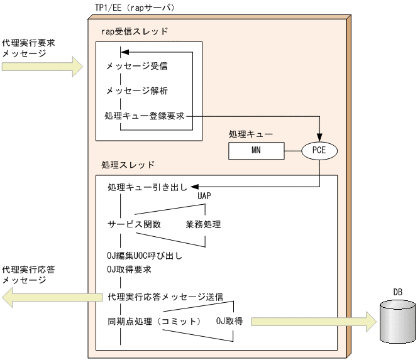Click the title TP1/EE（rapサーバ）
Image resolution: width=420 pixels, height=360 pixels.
(130, 8)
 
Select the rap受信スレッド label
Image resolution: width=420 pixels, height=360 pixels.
(135, 31)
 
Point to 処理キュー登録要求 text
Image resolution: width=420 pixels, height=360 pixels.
(145, 116)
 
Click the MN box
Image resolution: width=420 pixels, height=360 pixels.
(256, 151)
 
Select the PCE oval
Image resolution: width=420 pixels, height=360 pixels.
(319, 151)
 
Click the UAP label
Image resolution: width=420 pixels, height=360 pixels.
(204, 196)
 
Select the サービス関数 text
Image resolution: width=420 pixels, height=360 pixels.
(134, 224)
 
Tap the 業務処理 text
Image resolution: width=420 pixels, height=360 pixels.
(203, 224)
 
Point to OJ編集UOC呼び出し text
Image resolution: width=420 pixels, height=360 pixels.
(144, 256)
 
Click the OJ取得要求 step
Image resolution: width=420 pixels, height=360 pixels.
(129, 270)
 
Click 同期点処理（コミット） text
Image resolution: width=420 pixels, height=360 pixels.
(155, 322)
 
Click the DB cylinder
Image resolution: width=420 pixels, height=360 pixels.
(397, 321)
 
